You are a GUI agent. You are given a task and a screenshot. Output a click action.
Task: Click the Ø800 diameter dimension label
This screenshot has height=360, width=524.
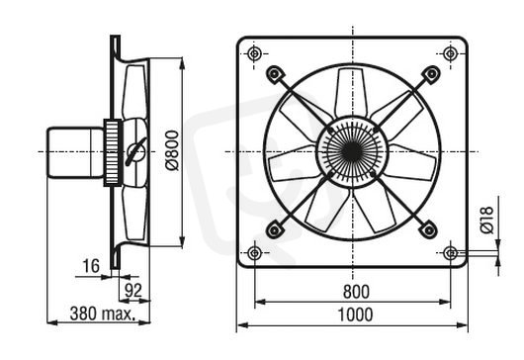[172, 151]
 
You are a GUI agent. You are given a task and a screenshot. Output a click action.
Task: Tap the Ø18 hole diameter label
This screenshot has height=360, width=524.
[486, 220]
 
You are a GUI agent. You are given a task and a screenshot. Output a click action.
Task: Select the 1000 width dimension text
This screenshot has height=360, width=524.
[355, 315]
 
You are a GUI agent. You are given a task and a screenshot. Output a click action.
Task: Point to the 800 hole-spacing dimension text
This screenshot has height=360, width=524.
[356, 292]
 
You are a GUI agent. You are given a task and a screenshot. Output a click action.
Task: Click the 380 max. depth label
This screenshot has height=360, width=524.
[103, 314]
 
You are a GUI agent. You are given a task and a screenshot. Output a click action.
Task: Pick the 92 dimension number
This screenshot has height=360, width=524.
[133, 291]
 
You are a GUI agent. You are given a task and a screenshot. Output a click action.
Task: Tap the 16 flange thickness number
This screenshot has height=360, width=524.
[91, 266]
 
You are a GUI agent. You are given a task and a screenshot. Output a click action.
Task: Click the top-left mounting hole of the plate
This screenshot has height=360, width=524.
[254, 53]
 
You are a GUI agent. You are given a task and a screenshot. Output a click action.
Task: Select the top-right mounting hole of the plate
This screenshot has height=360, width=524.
[450, 53]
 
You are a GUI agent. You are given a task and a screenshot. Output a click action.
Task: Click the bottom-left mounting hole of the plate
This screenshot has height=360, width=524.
[255, 253]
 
